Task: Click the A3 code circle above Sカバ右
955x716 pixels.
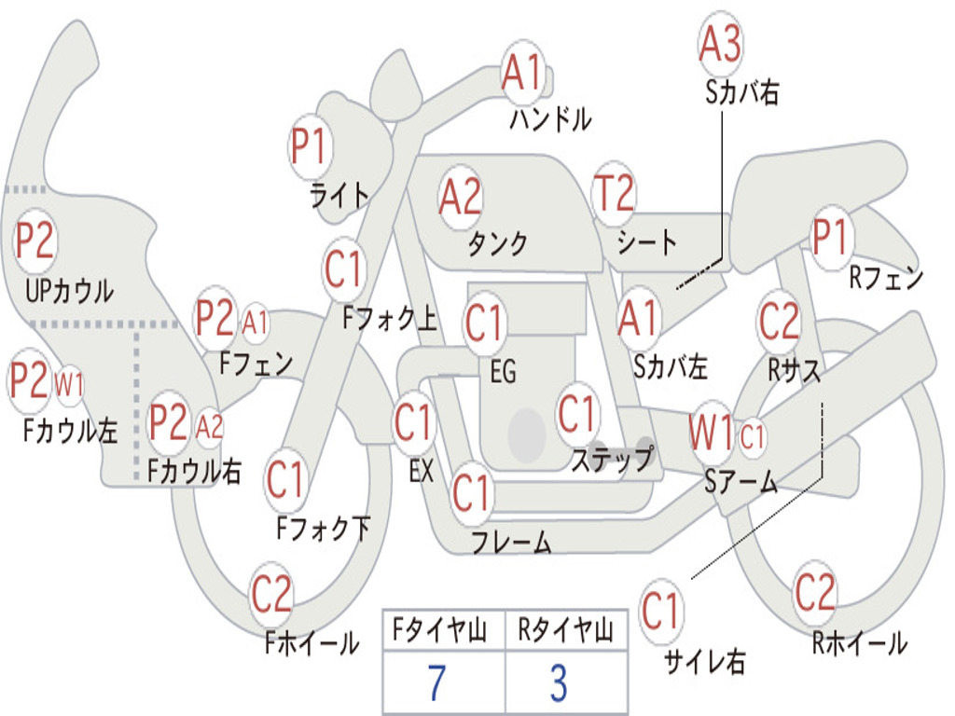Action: tap(720, 44)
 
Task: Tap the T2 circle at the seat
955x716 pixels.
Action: tap(614, 192)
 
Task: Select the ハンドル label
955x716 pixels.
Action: tap(550, 118)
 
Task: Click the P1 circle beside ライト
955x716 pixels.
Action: tap(311, 146)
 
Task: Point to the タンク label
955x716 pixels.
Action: tap(498, 243)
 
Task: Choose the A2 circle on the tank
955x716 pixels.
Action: tap(461, 198)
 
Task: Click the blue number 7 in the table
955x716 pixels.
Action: tap(436, 682)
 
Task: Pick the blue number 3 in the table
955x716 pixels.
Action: tap(560, 682)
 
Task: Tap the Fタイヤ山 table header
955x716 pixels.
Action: tap(439, 630)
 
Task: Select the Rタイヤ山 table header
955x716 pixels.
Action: tap(565, 630)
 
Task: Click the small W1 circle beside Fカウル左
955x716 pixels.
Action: tap(69, 385)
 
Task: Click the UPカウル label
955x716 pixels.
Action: tap(69, 291)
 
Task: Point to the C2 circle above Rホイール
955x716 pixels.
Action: tap(814, 592)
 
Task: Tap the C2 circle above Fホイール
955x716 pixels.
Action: tap(271, 594)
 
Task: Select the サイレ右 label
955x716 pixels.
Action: tap(705, 661)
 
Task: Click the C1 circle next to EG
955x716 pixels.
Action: tap(484, 322)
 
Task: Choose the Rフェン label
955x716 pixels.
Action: tap(886, 278)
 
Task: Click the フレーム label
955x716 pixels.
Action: tap(512, 542)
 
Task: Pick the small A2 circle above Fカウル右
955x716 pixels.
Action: tap(210, 426)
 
